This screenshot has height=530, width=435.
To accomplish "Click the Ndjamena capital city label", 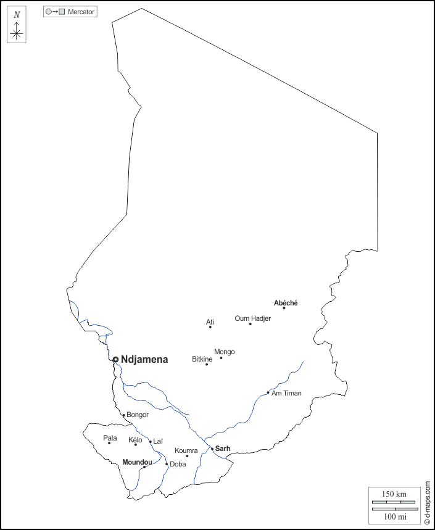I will point(144,359).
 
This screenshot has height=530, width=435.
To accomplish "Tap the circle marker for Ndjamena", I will point(115,359).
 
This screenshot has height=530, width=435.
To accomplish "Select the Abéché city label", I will point(286,303).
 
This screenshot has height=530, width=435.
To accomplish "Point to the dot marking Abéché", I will point(284,308).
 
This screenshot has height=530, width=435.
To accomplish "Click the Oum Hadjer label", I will point(252,318).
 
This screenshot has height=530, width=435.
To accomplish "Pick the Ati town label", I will point(210,322).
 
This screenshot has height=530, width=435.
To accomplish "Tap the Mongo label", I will point(224,352).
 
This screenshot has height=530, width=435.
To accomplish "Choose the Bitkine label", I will point(202,358).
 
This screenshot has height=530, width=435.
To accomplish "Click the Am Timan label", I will point(286,393).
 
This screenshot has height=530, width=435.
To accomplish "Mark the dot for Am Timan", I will point(268,392).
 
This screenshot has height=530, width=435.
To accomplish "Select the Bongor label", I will point(138,415).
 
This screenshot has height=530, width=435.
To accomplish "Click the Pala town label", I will point(110,437).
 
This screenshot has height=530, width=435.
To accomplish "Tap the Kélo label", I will point(135,440).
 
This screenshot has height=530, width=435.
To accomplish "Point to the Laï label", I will point(157,441).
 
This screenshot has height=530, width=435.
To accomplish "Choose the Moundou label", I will point(137,462).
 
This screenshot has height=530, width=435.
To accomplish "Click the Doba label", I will point(178,464).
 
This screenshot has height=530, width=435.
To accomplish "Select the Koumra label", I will point(186,451).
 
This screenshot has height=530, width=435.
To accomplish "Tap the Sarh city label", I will point(223,449).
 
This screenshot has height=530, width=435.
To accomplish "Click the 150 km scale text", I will point(394,494).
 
